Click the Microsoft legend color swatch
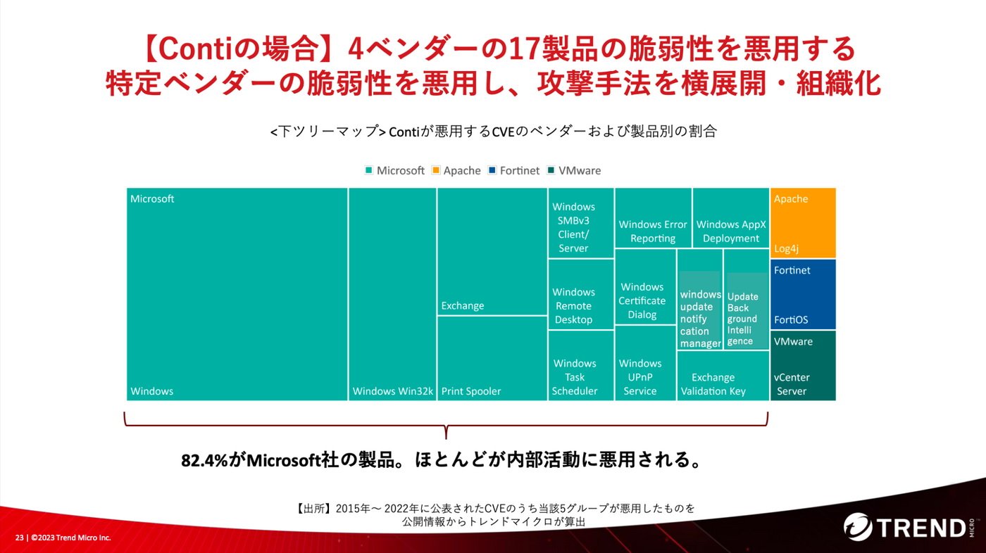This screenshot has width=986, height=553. [369, 170]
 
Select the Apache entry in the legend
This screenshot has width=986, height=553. [456, 170]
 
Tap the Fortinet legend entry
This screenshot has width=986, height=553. [513, 170]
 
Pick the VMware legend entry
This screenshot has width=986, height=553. [573, 170]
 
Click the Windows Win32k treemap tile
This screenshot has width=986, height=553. [392, 294]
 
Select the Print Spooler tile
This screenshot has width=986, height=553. [492, 358]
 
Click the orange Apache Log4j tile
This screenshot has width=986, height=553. [803, 223]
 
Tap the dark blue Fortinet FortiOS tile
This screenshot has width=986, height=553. [803, 294]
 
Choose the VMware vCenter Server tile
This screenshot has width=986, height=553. [803, 366]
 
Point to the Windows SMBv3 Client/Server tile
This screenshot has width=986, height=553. [581, 223]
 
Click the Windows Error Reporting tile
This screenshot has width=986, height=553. [653, 218]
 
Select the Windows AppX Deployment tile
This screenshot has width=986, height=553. [731, 218]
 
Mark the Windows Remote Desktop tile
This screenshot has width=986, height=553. [581, 294]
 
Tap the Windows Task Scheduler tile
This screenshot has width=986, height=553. [581, 366]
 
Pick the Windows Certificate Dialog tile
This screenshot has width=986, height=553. [645, 287]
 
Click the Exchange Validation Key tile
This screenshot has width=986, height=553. [723, 376]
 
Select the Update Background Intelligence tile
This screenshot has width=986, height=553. [746, 299]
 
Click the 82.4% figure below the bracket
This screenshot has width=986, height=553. [205, 460]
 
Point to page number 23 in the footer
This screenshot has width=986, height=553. [20, 538]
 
